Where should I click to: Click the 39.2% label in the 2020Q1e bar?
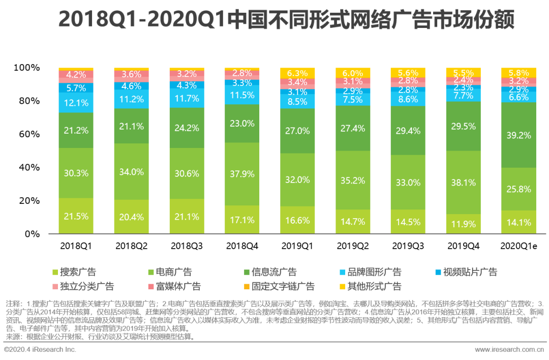[518, 135]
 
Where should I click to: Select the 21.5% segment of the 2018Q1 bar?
[76, 216]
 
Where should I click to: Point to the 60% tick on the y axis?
[26, 134]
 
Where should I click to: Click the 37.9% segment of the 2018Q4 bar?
[242, 174]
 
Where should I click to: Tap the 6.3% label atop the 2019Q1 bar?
[297, 73]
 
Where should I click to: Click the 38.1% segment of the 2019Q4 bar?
[463, 182]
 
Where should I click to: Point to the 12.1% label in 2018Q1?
[76, 103]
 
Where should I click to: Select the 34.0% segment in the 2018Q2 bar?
[131, 172]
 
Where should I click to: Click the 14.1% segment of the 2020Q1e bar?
[518, 222]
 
